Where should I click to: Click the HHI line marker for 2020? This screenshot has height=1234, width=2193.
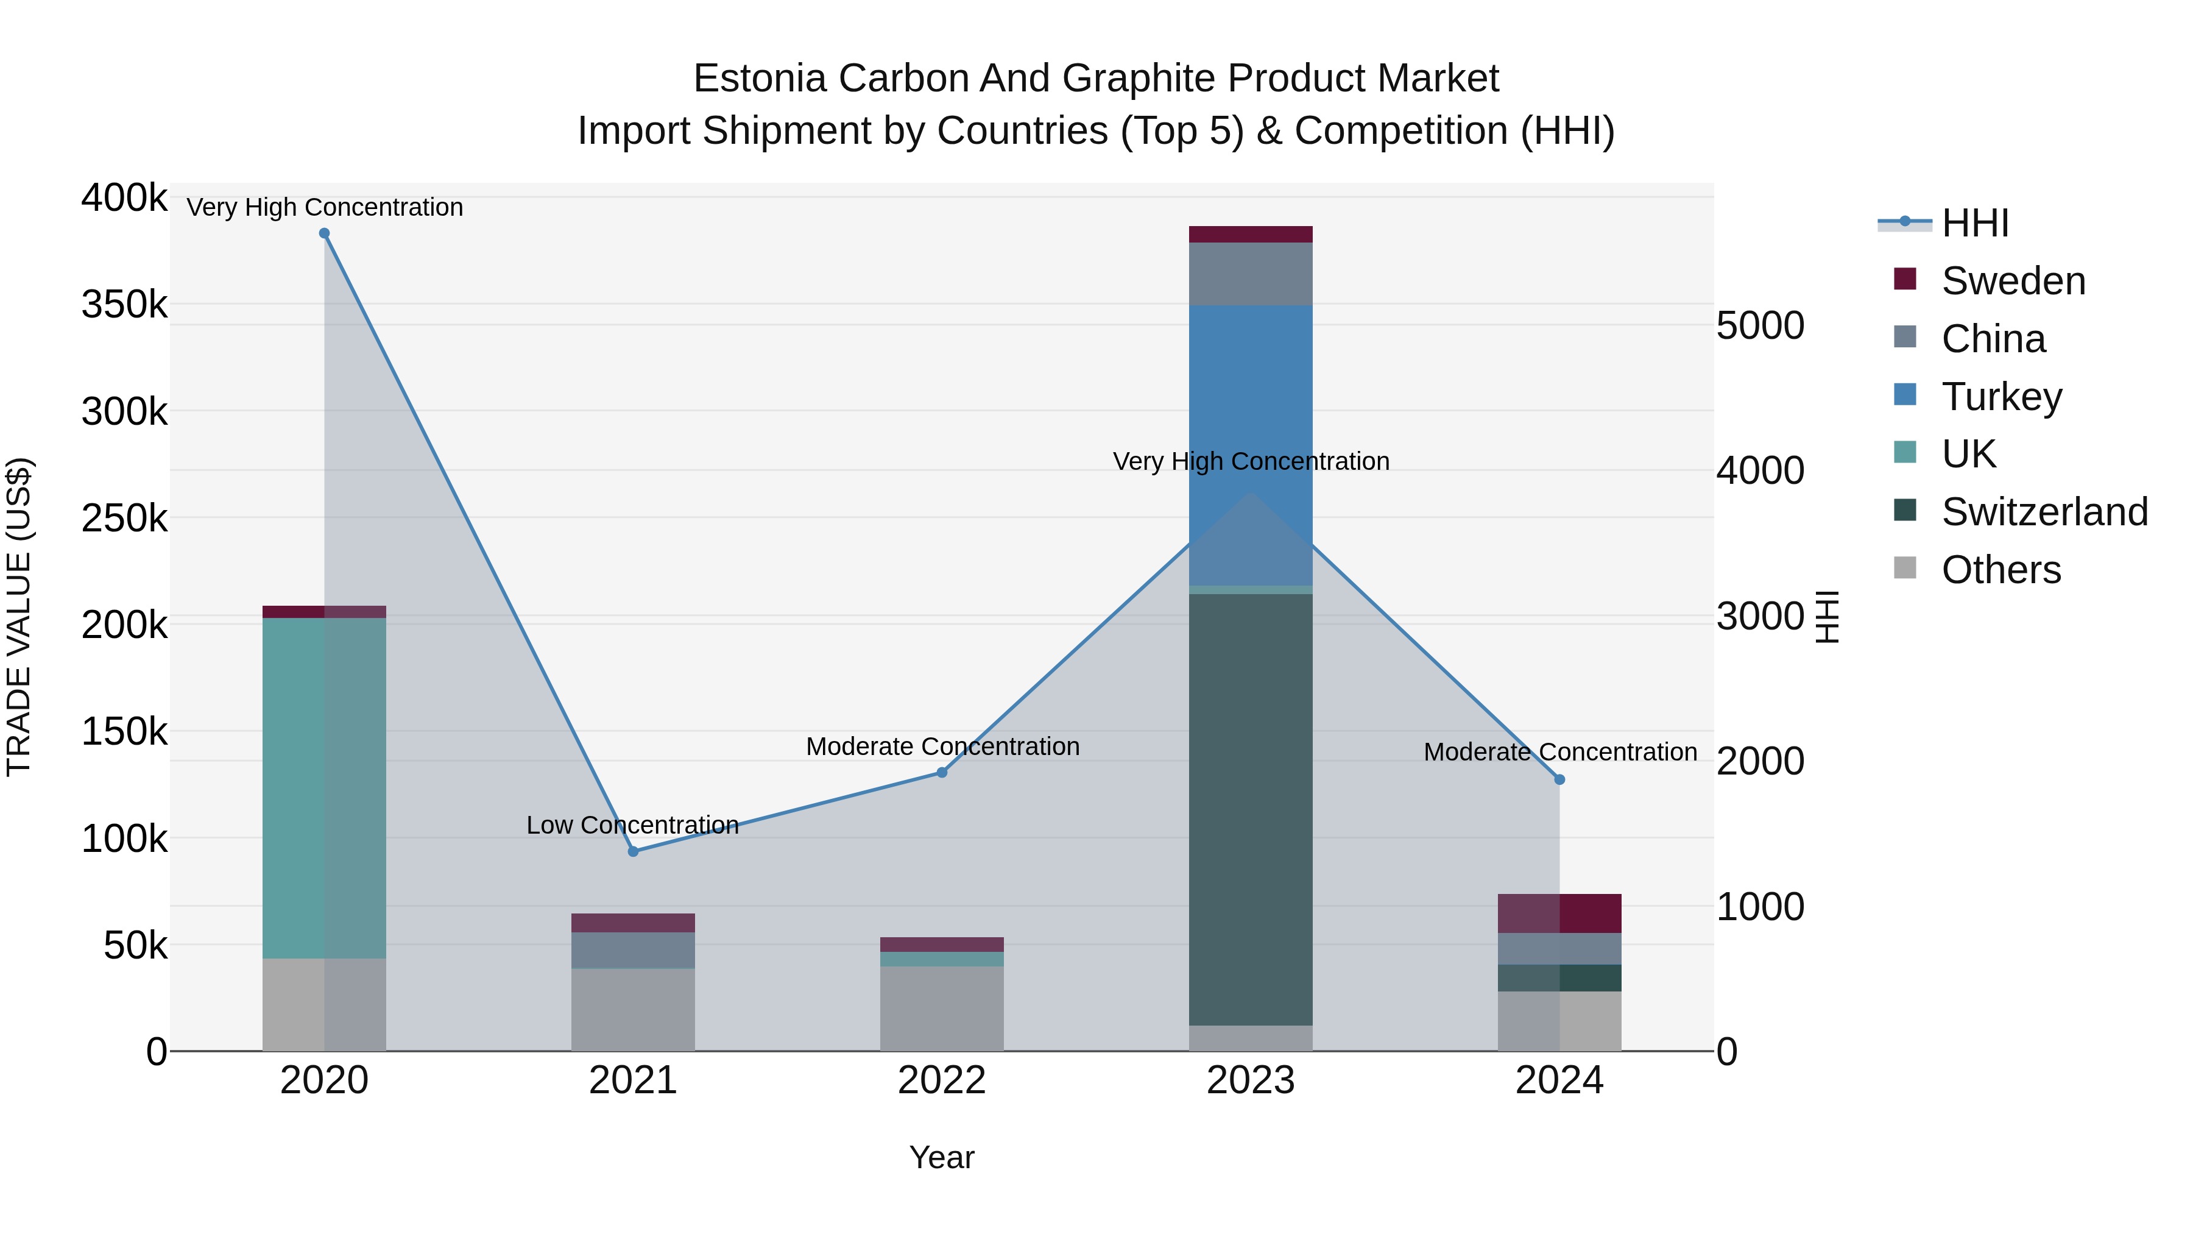(324, 233)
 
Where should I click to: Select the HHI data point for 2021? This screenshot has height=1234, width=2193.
(634, 852)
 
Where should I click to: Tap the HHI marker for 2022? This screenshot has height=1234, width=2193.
(942, 773)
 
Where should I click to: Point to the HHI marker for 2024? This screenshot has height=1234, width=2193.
(1559, 779)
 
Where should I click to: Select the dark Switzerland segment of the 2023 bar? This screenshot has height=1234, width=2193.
(1251, 809)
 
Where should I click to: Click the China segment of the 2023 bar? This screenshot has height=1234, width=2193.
(1251, 274)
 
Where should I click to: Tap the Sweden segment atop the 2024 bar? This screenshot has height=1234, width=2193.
(1559, 913)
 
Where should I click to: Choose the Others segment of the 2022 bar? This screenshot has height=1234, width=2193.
(942, 1009)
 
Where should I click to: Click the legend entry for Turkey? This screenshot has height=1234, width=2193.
(2001, 397)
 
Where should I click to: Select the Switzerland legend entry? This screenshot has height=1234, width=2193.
(2043, 512)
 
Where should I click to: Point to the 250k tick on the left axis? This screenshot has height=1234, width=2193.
(124, 518)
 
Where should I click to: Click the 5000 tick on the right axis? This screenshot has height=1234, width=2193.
(1760, 325)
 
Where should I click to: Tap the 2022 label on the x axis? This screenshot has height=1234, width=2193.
(942, 1080)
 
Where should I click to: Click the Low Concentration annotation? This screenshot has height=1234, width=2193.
(632, 824)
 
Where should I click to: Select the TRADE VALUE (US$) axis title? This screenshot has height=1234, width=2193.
(19, 617)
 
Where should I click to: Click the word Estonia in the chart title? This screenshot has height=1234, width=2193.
(760, 79)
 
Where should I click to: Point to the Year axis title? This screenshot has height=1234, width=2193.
(942, 1157)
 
